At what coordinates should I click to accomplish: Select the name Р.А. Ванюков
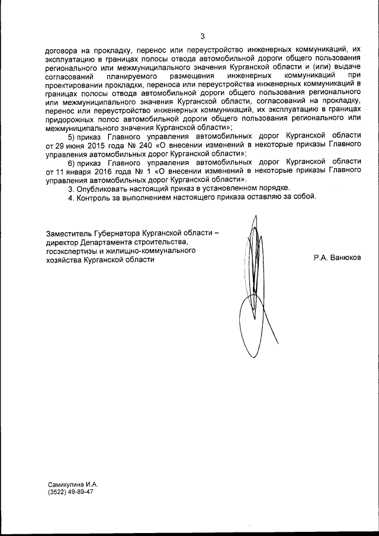click(x=338, y=258)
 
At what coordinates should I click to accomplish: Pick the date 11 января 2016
click(x=86, y=170)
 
